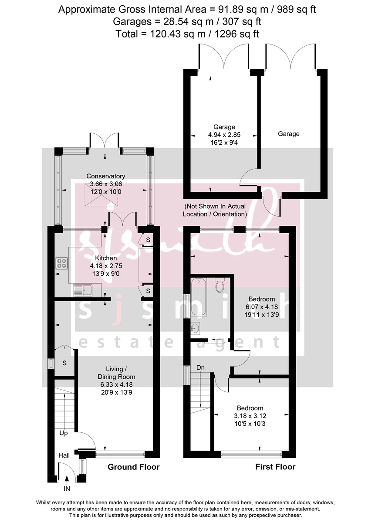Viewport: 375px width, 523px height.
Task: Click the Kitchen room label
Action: pos(103,258)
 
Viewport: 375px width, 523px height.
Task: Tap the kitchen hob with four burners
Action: pos(62,263)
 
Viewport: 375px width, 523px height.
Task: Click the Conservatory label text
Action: pos(105,176)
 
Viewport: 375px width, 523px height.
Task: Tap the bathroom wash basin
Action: pos(195,328)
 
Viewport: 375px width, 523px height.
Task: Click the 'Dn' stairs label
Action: pos(200,368)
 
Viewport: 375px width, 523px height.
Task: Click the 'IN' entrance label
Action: pos(67,489)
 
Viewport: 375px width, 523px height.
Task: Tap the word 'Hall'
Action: pos(64,455)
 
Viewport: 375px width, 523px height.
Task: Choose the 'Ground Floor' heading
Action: pos(133,467)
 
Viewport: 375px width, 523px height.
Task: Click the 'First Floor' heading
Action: pos(275,467)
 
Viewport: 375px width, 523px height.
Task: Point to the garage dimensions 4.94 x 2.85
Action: pos(224,135)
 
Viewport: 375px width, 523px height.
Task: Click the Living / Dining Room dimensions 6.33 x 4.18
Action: pos(115,384)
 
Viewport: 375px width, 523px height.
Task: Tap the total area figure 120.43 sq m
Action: pos(187,34)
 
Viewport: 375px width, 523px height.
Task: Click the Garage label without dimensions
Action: pos(288,134)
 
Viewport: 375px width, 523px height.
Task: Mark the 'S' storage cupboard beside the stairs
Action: pos(64,363)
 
